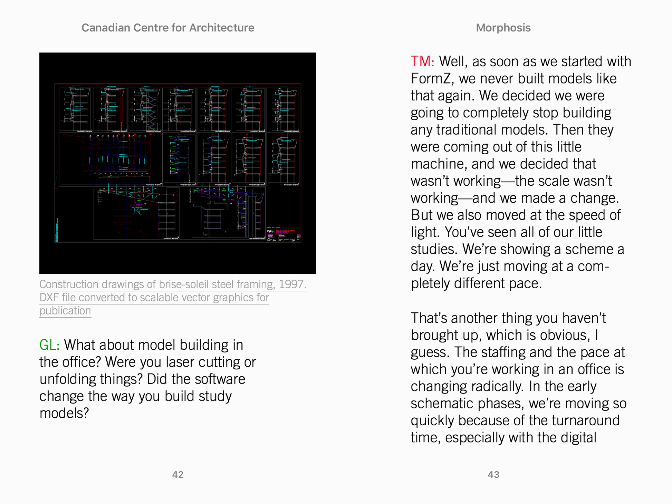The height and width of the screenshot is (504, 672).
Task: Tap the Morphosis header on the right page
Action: (x=503, y=28)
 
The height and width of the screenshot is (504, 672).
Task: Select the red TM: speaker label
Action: (x=422, y=61)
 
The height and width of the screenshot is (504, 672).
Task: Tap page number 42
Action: (x=177, y=475)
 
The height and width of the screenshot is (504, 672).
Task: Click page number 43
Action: (x=493, y=475)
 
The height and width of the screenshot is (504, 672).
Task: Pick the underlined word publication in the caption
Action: (x=65, y=311)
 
